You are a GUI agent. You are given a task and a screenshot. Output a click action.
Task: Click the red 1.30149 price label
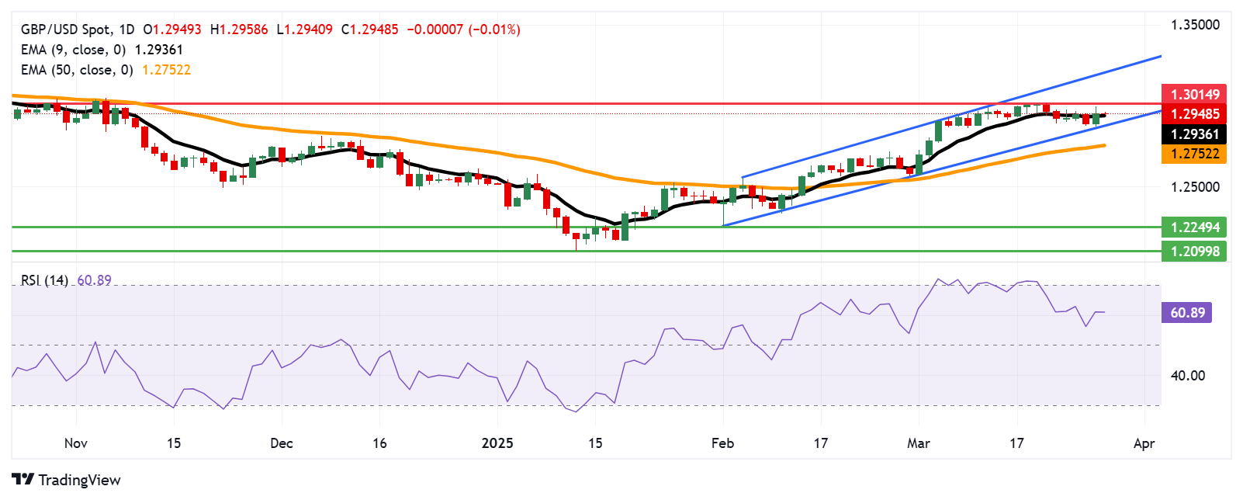[1194, 94]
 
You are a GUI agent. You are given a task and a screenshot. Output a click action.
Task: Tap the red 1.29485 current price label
[1194, 114]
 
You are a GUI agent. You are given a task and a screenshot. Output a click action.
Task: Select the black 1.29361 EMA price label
[1194, 134]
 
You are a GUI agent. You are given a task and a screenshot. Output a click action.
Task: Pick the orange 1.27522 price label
[1194, 154]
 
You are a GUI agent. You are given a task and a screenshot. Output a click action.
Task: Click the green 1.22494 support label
[1194, 227]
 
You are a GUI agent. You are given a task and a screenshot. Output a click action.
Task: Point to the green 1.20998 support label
[1194, 251]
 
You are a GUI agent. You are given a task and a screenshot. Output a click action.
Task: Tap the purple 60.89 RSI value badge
[1187, 313]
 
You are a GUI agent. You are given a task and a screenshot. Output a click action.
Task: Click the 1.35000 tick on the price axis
[1195, 25]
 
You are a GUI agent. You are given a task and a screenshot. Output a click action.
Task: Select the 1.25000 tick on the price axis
[1195, 187]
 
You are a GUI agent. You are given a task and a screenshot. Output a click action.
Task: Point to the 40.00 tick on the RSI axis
[1187, 376]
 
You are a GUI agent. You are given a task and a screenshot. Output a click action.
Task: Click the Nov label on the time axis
[75, 443]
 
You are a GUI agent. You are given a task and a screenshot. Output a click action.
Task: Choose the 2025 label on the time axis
[497, 443]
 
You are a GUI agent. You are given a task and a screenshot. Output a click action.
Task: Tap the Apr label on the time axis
[1144, 443]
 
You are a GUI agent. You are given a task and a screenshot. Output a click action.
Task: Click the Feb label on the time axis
[722, 443]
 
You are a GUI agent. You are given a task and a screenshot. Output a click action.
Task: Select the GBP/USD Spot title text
[65, 30]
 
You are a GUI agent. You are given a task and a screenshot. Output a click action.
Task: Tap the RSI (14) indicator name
[44, 280]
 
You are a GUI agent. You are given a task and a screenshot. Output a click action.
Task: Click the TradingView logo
[67, 480]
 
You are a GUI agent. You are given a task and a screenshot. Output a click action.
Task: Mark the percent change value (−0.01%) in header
[494, 30]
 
